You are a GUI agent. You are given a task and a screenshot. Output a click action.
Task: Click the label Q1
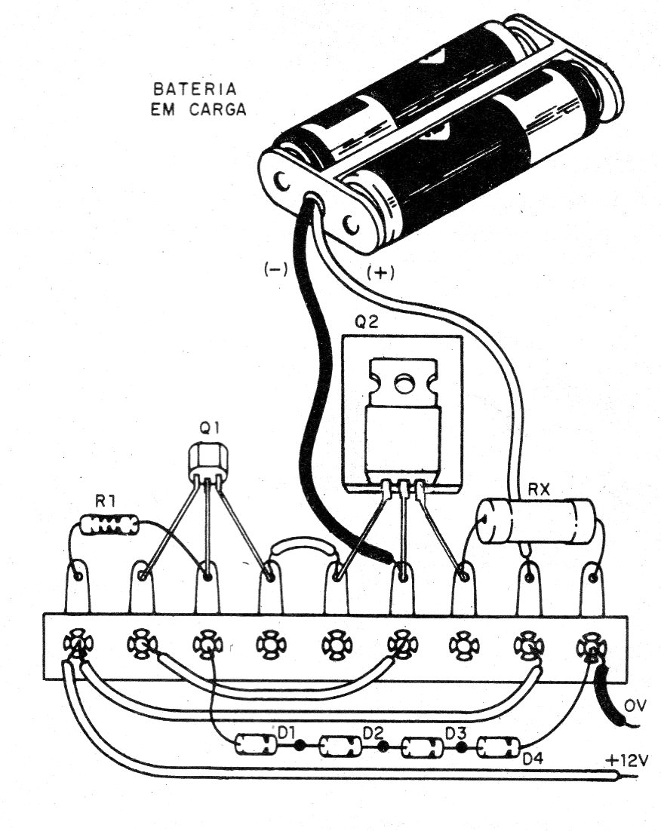tap(209, 428)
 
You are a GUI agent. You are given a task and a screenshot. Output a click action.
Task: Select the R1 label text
tap(103, 500)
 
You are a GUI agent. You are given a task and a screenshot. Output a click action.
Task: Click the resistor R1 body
tap(109, 525)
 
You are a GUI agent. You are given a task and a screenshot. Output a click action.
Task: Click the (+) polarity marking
tap(380, 273)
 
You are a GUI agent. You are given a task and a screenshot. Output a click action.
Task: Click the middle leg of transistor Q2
tap(402, 528)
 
